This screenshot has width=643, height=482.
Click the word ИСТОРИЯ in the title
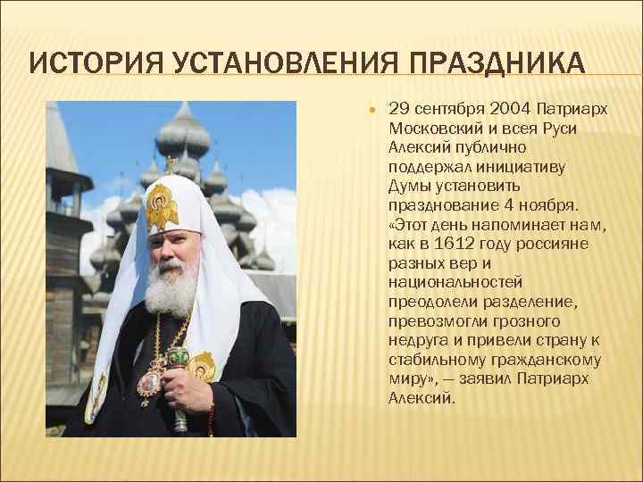click(x=79, y=65)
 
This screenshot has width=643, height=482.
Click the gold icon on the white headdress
click(x=162, y=204)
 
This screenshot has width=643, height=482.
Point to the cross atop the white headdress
click(x=170, y=164)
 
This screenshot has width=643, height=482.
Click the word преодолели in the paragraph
click(x=431, y=302)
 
